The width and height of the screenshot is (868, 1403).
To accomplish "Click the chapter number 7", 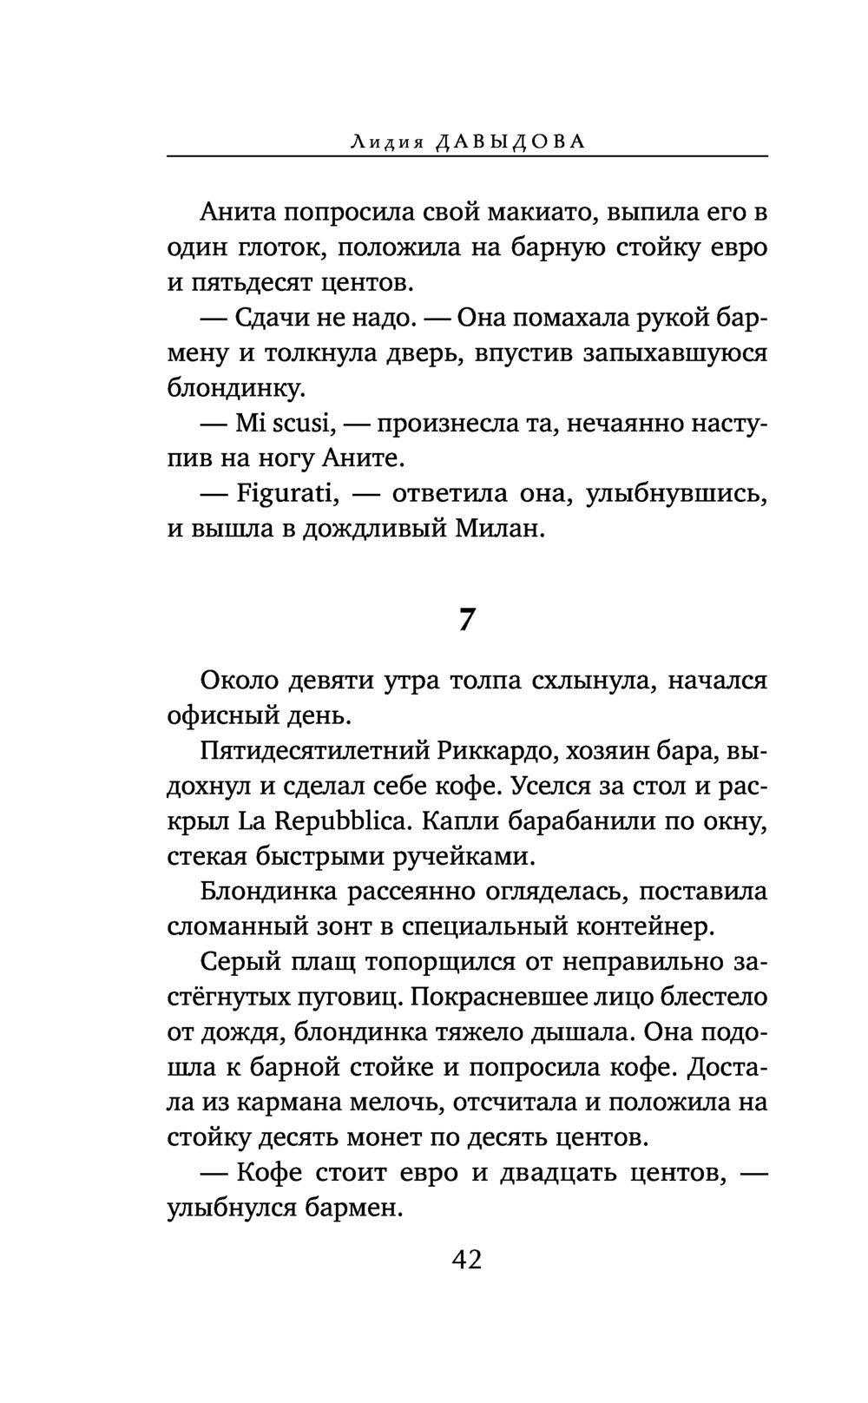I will pyautogui.click(x=466, y=619).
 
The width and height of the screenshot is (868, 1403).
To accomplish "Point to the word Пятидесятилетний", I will pyautogui.click(x=312, y=751).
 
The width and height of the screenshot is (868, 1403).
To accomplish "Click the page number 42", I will pyautogui.click(x=466, y=1259).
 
